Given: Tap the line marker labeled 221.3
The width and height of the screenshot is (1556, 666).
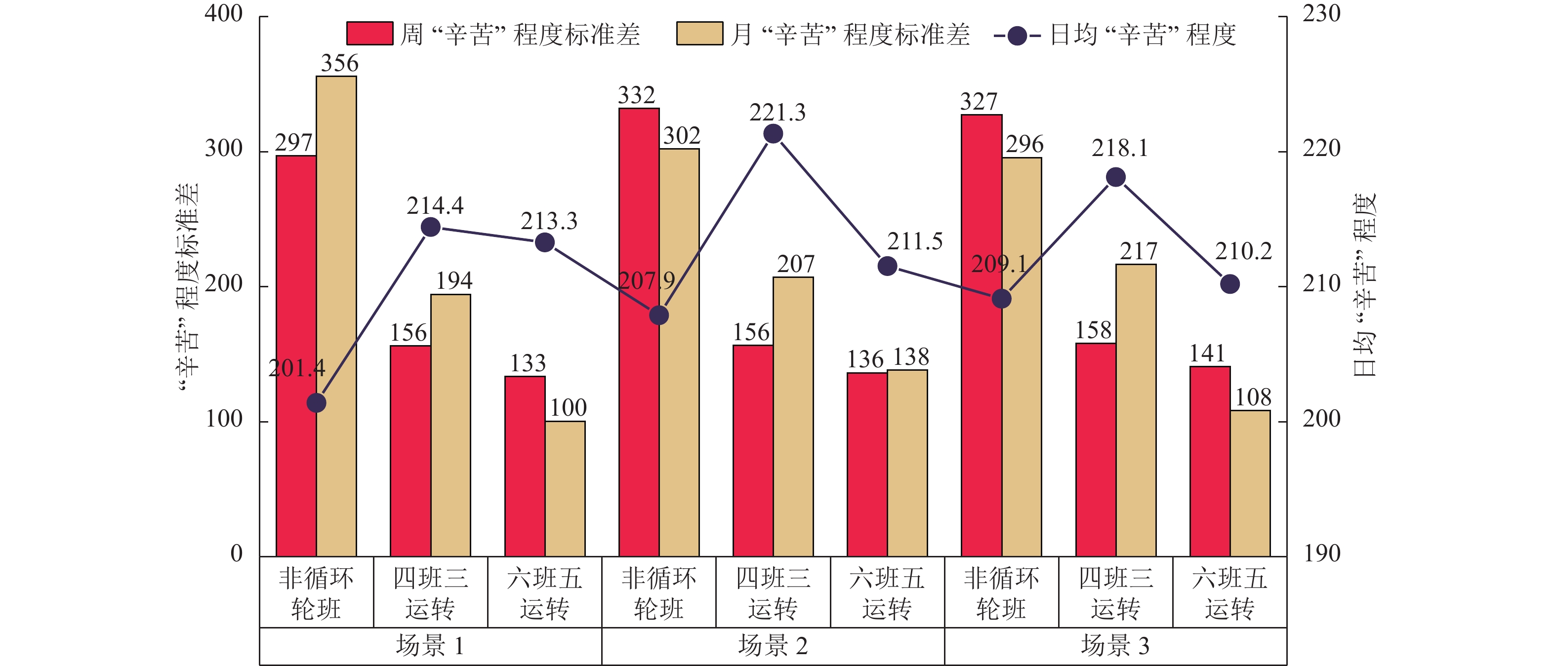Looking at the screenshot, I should pos(773,133).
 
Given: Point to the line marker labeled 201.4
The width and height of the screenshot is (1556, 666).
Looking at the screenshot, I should pos(317,403).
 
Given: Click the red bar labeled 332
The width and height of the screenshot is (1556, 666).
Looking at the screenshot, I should pos(639,332).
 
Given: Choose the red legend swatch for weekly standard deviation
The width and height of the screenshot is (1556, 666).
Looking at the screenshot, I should pos(369,34).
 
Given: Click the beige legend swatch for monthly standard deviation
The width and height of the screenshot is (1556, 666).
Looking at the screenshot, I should pos(699,34).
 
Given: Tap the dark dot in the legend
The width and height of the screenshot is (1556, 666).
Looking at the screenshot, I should pos(1017,36).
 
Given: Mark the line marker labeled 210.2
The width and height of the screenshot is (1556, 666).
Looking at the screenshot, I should pos(1230,284).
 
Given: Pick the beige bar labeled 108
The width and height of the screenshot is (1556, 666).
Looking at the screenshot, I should pos(1250,483).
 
